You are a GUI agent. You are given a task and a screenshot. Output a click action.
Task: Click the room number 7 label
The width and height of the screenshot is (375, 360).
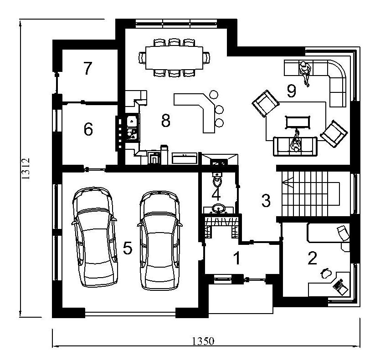click(x=88, y=68)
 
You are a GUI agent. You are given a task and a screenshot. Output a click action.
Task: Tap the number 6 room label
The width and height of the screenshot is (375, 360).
click(x=88, y=129)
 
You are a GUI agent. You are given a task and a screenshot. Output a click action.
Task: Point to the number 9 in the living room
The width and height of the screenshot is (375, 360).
click(x=292, y=91)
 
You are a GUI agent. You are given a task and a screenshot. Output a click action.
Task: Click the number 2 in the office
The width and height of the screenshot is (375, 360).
click(x=312, y=258)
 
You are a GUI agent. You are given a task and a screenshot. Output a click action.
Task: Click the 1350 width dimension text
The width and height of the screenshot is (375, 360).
click(x=203, y=341)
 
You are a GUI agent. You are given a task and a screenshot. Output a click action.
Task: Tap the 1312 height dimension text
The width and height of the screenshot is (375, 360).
click(x=26, y=168)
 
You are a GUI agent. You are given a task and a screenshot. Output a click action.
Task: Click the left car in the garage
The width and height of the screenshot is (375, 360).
click(x=94, y=237)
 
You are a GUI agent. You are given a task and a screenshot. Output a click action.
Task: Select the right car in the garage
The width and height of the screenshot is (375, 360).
click(x=160, y=240)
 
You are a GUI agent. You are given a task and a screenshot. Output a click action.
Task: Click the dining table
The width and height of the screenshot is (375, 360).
click(x=175, y=57)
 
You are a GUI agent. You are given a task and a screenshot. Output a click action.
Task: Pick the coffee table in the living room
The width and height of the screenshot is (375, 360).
click(x=298, y=122)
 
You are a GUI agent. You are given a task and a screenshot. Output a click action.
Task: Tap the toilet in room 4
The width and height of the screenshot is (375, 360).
click(x=217, y=180)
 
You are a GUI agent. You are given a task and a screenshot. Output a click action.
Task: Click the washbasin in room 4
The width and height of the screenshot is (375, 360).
click(x=218, y=208)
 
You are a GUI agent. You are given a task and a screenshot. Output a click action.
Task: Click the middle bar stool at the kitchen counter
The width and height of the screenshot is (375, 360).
click(x=219, y=110)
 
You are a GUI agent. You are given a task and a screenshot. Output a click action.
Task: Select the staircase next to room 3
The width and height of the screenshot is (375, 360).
click(x=311, y=193)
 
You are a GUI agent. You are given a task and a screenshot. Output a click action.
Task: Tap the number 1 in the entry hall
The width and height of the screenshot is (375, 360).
click(x=237, y=258)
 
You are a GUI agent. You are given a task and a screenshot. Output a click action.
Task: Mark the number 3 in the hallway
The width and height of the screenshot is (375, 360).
click(x=266, y=200)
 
